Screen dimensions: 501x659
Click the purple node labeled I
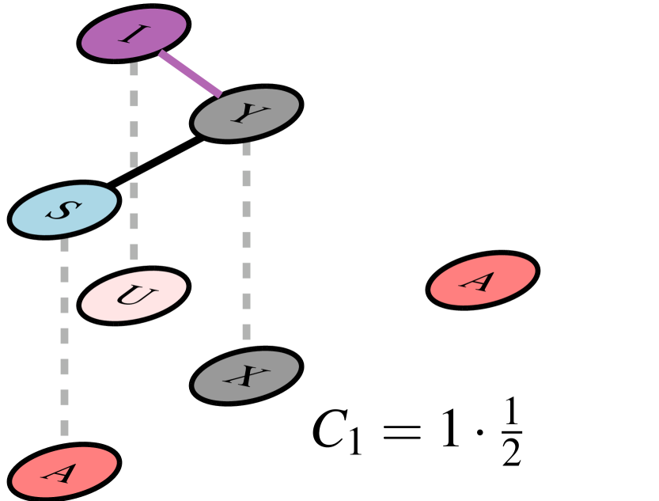tap(134, 34)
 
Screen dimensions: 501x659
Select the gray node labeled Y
tap(246, 115)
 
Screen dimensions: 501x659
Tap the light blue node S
tap(65, 210)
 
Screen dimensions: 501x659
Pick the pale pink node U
tap(134, 296)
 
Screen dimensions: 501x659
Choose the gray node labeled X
tap(246, 376)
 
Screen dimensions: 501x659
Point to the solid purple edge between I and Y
tap(190, 75)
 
